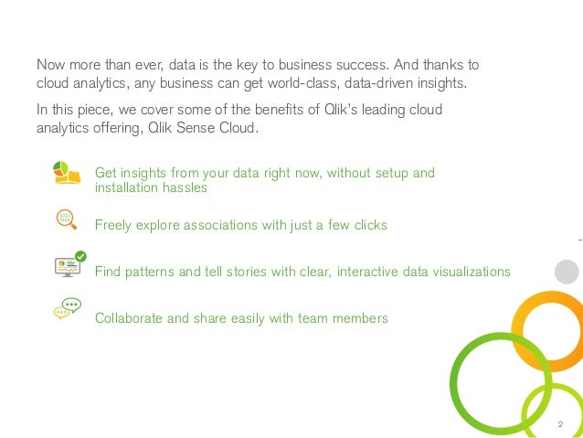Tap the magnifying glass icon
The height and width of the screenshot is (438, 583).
click(65, 219)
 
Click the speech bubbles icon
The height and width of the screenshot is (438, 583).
click(67, 308)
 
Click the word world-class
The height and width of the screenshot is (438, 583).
click(297, 84)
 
